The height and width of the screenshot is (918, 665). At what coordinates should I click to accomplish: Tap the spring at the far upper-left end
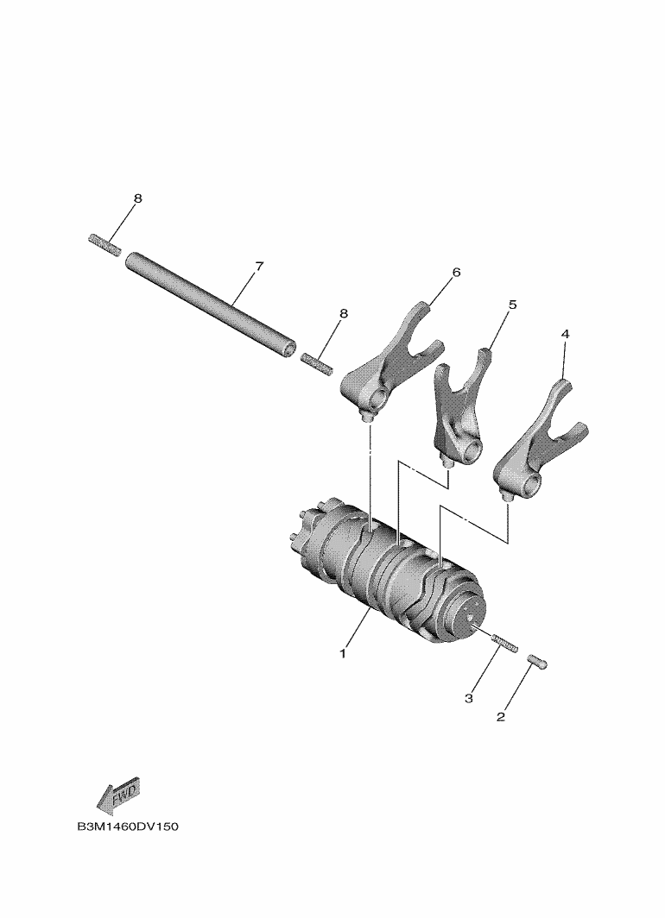[x=104, y=245]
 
